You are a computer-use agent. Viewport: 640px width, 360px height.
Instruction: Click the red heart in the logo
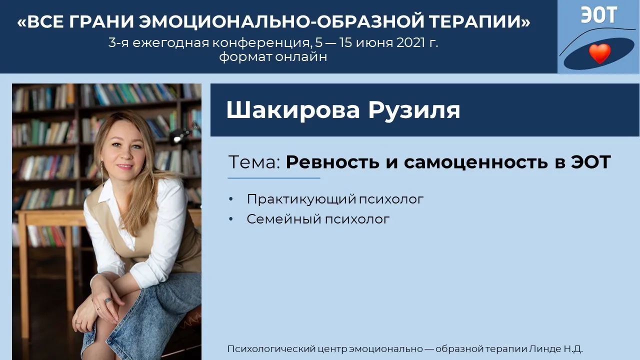[599, 53]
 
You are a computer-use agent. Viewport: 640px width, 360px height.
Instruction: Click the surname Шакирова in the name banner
[293, 110]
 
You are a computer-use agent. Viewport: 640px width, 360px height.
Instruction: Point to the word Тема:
[254, 162]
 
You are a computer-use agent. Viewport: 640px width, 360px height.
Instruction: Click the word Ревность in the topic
[332, 162]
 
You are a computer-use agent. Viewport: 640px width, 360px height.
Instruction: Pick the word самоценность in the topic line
[475, 162]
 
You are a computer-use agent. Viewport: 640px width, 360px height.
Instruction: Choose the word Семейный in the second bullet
[283, 219]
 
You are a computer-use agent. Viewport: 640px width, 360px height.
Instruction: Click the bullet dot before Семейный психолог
[231, 219]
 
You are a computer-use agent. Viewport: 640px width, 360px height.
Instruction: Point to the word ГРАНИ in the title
[101, 21]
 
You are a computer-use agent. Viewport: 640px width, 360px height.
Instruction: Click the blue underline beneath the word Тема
[273, 178]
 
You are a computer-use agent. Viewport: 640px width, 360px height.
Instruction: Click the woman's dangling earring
[102, 173]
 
